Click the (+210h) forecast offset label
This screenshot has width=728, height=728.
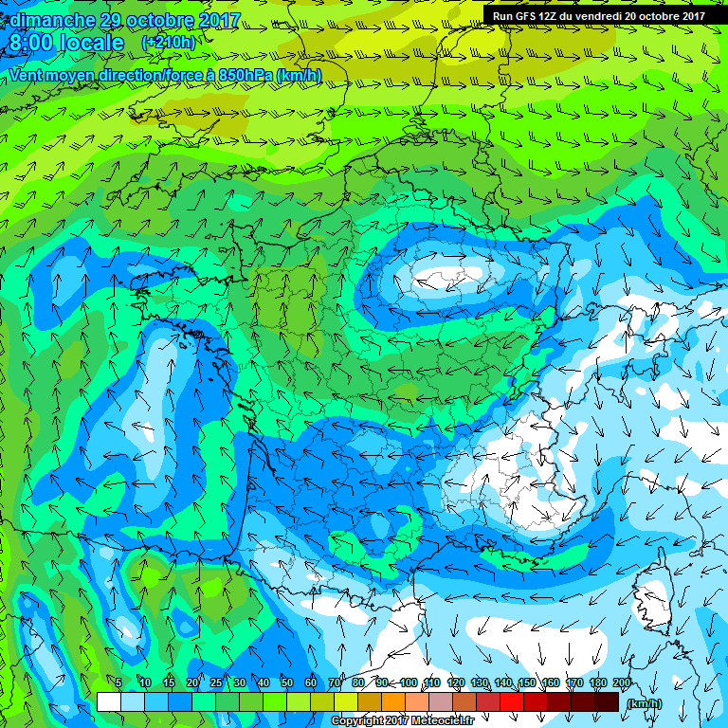(x=170, y=43)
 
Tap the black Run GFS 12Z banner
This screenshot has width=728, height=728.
(x=597, y=15)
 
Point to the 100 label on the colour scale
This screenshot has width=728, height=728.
(x=408, y=683)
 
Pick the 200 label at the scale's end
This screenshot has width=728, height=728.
(x=622, y=683)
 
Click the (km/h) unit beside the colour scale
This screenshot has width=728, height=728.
(x=644, y=703)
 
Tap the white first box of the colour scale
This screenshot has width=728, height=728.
(x=108, y=701)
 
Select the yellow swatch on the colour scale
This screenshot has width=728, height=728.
(x=346, y=701)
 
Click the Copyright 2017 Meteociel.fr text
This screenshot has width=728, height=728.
(x=401, y=721)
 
